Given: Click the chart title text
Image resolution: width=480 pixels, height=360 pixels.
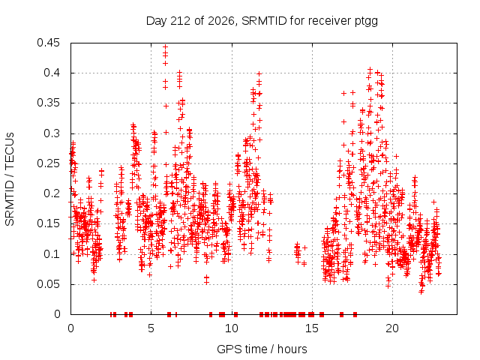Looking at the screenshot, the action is click(262, 21).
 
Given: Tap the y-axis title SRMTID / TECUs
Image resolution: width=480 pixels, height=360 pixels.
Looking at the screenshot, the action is click(10, 179).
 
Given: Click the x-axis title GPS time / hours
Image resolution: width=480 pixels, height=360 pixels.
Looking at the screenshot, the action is click(262, 349).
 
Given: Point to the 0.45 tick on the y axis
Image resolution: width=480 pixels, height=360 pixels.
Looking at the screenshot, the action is click(48, 43).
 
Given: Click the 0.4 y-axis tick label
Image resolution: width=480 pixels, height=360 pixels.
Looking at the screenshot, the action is click(52, 73).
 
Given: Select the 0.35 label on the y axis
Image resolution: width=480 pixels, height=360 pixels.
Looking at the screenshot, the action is click(48, 103).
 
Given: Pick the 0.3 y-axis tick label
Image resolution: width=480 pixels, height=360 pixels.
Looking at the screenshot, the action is click(52, 133).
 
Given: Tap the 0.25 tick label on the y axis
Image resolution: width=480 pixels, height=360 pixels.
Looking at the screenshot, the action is click(48, 163).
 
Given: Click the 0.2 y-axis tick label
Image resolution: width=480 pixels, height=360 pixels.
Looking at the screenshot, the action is click(52, 193).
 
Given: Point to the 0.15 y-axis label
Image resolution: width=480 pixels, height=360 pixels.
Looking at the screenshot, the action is click(48, 223).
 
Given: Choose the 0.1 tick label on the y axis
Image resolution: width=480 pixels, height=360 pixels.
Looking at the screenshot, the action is click(52, 253).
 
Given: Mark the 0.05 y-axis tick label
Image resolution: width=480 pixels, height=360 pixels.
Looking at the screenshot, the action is click(48, 283).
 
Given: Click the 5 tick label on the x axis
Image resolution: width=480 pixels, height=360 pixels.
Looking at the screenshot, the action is click(151, 328).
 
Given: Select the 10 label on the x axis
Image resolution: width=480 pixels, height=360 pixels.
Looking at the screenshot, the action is click(232, 328).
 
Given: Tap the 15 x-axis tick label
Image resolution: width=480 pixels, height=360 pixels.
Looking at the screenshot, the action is click(312, 328).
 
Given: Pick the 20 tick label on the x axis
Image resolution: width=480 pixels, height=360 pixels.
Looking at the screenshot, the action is click(392, 328).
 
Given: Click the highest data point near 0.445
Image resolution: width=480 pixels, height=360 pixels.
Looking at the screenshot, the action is click(165, 46).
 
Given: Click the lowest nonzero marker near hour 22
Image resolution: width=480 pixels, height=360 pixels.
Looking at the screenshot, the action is click(421, 292).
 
